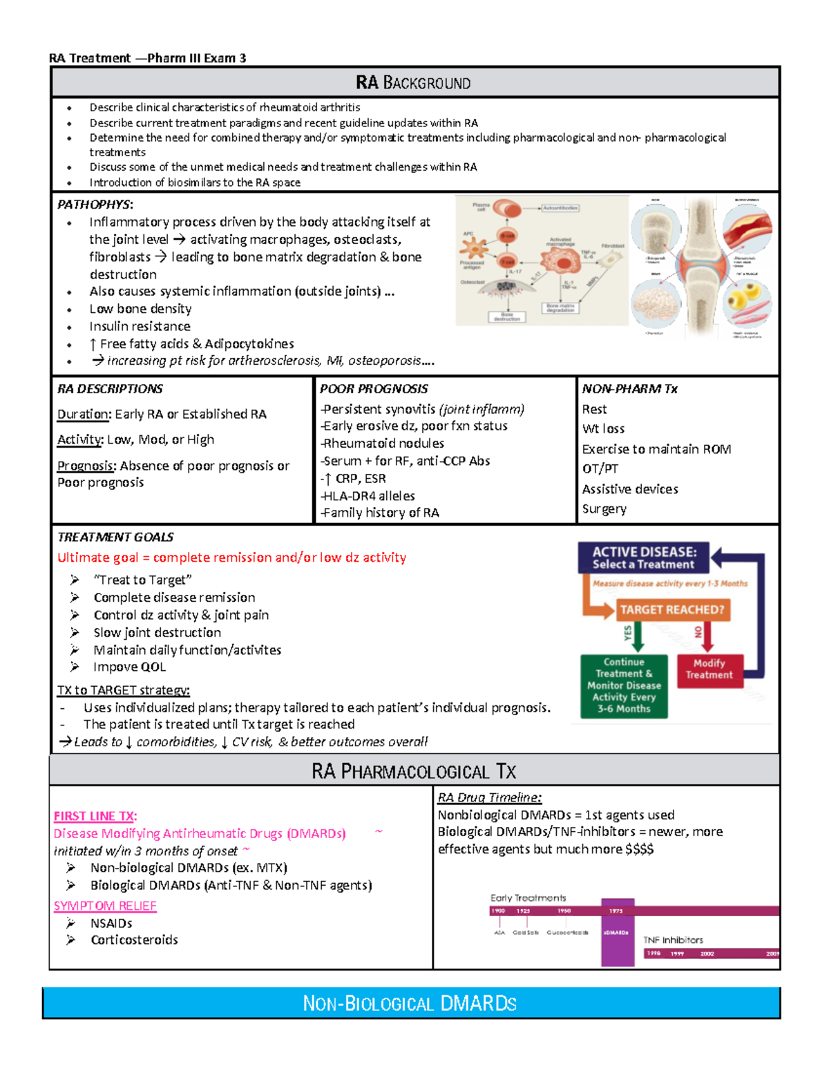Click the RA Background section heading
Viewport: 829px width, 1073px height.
[413, 83]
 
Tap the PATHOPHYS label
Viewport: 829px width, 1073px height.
[95, 205]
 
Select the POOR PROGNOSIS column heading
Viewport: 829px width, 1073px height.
[374, 389]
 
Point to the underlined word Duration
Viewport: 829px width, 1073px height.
[84, 415]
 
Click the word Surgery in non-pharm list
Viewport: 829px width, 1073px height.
[604, 509]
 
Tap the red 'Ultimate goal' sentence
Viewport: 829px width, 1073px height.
[231, 558]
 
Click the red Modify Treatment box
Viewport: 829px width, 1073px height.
[709, 670]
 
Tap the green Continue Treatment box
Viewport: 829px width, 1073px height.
[624, 685]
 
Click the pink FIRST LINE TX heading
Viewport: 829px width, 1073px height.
[95, 816]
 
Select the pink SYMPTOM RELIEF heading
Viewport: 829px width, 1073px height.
[105, 906]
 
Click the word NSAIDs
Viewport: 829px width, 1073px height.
[111, 923]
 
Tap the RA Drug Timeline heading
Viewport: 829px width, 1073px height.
[489, 797]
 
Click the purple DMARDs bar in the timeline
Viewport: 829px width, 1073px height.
[617, 933]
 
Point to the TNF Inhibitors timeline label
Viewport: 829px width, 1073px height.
[673, 940]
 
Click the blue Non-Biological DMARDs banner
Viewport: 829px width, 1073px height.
[410, 1003]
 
